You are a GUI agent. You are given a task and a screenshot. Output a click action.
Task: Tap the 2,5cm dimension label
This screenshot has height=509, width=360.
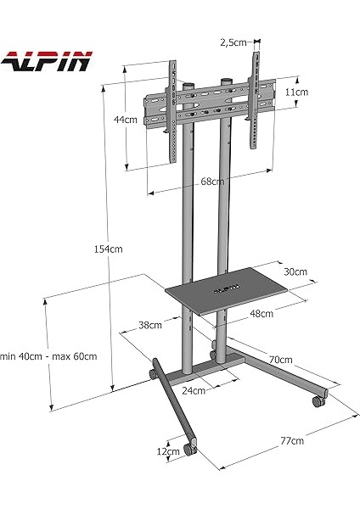pos(232,42)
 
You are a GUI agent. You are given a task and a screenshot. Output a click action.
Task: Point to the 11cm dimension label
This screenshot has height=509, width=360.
pos(295,91)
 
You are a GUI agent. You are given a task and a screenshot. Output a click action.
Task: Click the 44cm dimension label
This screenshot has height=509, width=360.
pos(125,120)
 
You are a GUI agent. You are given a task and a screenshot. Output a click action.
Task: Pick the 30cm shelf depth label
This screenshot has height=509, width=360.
pos(295,272)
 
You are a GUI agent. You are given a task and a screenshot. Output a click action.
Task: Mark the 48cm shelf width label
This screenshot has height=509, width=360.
pos(261,313)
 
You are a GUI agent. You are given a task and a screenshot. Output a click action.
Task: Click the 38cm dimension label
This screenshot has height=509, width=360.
pos(149,324)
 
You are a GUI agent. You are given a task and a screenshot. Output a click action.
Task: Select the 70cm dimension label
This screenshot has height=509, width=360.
pos(280,359)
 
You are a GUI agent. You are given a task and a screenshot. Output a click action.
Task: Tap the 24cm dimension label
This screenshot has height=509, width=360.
pos(194,391)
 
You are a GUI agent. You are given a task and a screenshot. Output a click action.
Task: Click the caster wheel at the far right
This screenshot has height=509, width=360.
pos(320,399)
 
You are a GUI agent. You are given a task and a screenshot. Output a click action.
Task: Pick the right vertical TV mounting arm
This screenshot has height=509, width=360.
pos(253,100)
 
